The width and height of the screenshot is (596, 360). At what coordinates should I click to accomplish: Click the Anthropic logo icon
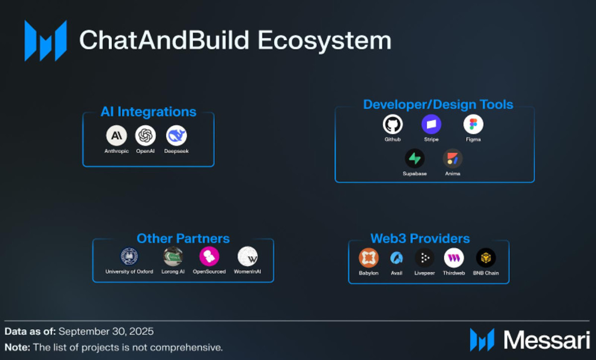pos(116,135)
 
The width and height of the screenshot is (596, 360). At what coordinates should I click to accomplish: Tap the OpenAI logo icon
pos(146,135)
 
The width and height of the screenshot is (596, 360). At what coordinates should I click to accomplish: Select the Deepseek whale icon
pos(176,135)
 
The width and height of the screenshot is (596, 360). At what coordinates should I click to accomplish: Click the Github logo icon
pos(392,124)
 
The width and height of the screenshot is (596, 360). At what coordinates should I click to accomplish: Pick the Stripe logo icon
pos(431,124)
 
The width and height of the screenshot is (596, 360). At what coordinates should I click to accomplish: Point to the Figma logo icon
pos(473,124)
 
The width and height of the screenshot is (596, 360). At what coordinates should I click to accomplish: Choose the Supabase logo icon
pos(414,158)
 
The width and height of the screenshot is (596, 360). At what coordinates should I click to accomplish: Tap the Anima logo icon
pos(452,158)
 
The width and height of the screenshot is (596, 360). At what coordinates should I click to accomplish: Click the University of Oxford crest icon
pos(129,257)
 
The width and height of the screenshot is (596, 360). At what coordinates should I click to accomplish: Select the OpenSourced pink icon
pos(209,257)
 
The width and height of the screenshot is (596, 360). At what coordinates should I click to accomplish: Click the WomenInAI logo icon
pos(247,257)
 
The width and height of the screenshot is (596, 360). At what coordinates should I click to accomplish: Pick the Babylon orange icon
pos(369,258)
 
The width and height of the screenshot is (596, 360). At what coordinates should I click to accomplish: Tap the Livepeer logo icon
pos(425,258)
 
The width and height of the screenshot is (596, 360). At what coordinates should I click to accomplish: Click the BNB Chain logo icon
pos(486,258)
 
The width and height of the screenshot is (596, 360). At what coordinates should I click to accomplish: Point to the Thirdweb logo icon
pos(453,258)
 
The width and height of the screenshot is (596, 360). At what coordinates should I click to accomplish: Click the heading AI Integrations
pos(149,112)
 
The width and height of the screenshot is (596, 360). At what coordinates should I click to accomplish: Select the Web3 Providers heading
pos(420,238)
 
